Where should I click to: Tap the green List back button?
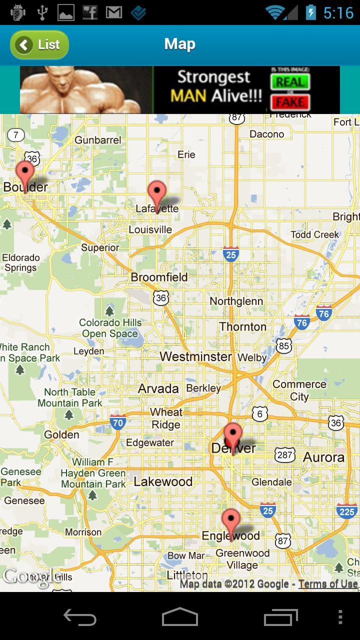(x=39, y=45)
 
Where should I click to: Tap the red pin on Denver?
(x=232, y=435)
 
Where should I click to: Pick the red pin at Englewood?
(x=231, y=521)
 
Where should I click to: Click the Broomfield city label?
(x=159, y=277)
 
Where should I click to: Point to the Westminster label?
(x=196, y=356)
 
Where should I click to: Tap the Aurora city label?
(x=323, y=457)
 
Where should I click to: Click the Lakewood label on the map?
(x=163, y=481)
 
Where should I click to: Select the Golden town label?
(x=61, y=434)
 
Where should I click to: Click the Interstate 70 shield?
(x=117, y=423)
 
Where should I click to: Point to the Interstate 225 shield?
(x=347, y=511)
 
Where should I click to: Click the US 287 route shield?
(x=284, y=454)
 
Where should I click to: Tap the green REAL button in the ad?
(x=290, y=81)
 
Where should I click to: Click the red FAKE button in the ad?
(x=290, y=102)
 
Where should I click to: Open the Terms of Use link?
(x=328, y=584)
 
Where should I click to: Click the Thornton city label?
(x=242, y=326)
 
